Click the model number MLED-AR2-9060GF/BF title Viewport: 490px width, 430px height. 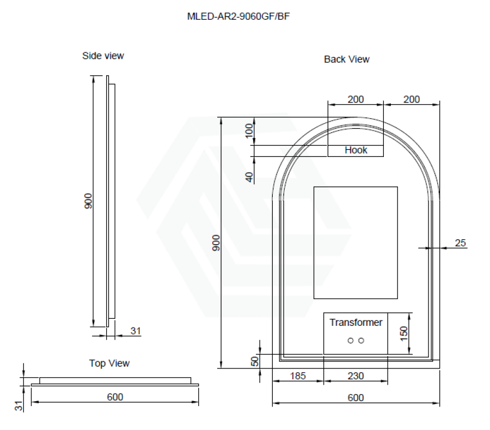click(x=238, y=16)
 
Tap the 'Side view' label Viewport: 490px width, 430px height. click(x=103, y=56)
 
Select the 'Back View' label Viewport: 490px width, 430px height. click(x=347, y=59)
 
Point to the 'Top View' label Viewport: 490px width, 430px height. click(x=109, y=363)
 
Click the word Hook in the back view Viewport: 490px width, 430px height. click(x=356, y=150)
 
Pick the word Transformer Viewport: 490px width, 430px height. click(x=356, y=322)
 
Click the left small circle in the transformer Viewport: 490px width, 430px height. click(x=350, y=341)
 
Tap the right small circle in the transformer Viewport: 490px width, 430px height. click(x=362, y=341)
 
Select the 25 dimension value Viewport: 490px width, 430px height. click(x=460, y=243)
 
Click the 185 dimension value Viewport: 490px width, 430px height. click(x=297, y=376)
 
